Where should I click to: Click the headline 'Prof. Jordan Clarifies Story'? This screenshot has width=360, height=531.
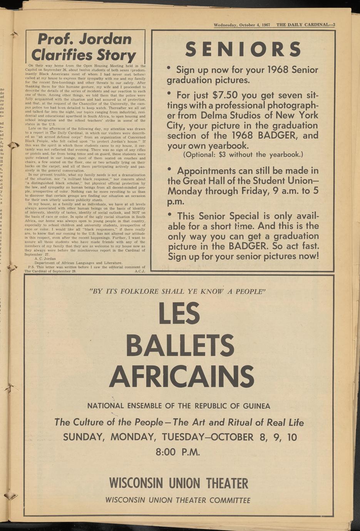click(84, 47)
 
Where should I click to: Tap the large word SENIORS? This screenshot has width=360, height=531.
click(243, 49)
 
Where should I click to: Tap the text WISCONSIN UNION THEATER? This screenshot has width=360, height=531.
click(179, 483)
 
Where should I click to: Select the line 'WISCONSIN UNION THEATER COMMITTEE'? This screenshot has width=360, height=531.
click(178, 500)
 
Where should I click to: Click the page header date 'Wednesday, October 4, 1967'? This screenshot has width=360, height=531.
click(242, 25)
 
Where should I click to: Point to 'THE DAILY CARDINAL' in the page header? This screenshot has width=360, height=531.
click(302, 25)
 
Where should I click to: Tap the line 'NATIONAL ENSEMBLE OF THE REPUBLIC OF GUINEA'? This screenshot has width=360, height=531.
click(179, 406)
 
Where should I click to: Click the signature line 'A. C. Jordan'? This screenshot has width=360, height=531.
click(45, 259)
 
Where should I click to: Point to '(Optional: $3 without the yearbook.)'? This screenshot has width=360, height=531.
click(243, 155)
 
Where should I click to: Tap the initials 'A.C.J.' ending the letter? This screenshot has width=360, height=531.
click(139, 271)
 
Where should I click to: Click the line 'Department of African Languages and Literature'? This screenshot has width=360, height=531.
click(79, 263)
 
